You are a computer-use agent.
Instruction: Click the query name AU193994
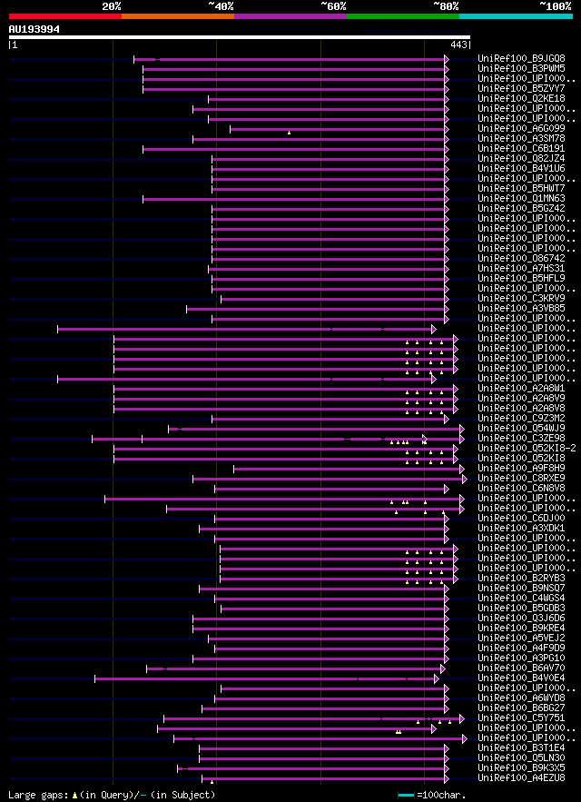(34, 29)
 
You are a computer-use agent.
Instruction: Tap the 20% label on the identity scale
(112, 6)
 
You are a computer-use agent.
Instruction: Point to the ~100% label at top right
(555, 6)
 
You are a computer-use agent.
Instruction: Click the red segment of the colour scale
(64, 15)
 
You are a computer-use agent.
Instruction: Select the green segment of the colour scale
(402, 15)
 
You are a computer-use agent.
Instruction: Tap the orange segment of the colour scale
(177, 15)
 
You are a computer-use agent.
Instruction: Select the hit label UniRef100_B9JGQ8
(522, 58)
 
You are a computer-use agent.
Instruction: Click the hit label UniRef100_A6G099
(522, 128)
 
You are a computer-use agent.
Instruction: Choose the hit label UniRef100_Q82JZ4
(522, 158)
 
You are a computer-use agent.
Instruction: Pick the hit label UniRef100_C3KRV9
(522, 298)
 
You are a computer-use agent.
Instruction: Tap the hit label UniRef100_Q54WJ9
(522, 428)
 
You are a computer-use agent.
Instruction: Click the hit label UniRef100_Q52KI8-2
(527, 448)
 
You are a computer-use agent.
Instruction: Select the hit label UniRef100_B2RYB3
(522, 578)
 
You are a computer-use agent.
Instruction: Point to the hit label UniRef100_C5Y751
(522, 718)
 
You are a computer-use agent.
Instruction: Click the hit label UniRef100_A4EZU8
(522, 777)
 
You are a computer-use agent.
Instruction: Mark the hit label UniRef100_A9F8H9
(522, 468)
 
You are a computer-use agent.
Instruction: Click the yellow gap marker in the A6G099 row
(289, 133)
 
